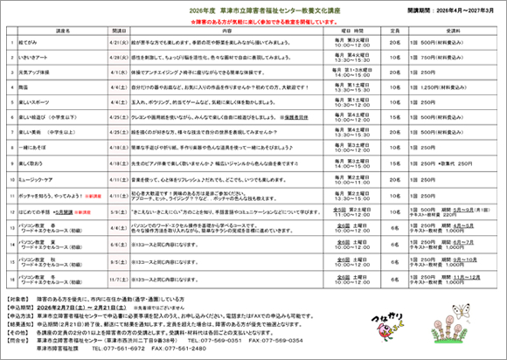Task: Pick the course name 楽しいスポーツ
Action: click(43, 102)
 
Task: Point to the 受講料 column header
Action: click(454, 31)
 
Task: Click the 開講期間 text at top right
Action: click(455, 7)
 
